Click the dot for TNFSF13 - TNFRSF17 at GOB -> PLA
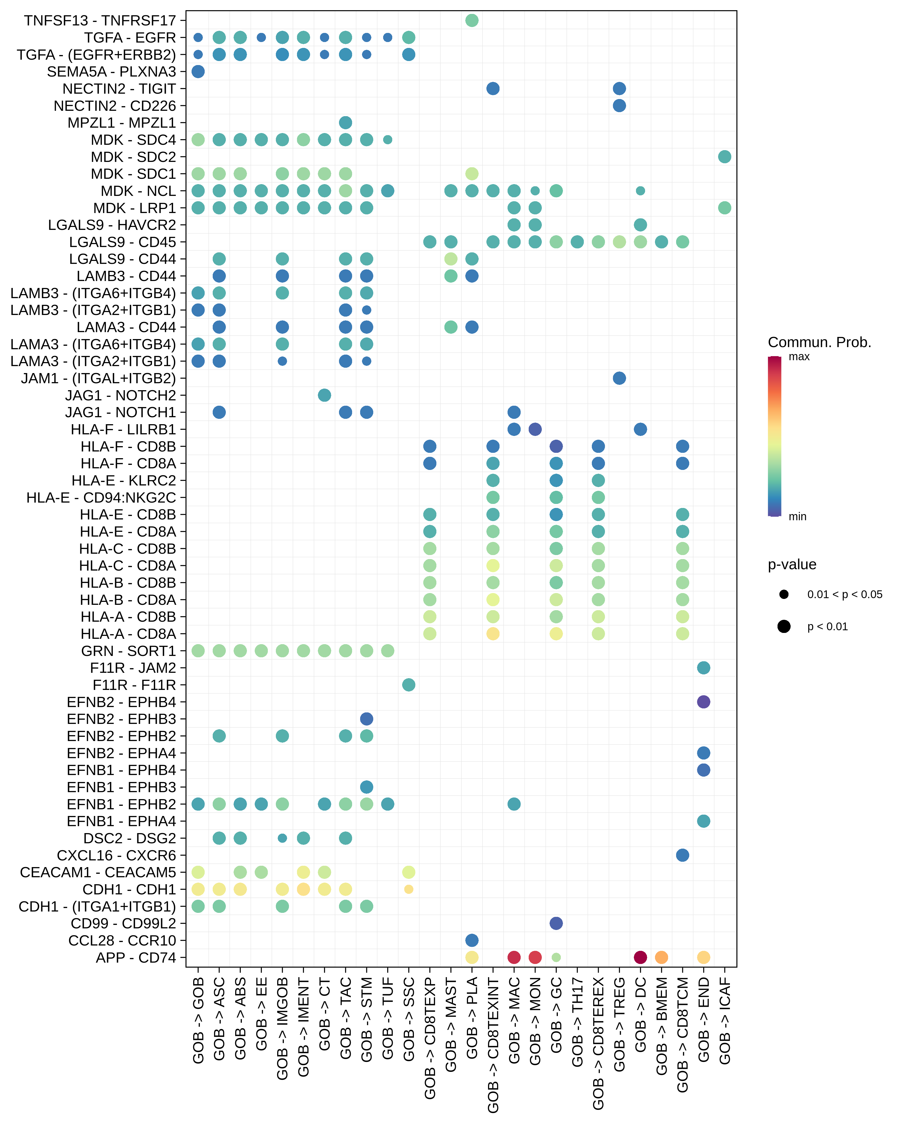[x=472, y=20]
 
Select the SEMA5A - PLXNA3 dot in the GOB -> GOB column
[x=198, y=71]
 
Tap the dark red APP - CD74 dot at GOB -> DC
[x=640, y=957]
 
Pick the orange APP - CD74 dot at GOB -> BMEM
[x=661, y=957]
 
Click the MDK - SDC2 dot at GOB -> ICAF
[x=724, y=156]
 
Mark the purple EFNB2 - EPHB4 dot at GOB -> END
[x=703, y=702]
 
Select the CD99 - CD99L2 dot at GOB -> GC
[x=556, y=923]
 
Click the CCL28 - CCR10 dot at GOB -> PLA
[x=472, y=940]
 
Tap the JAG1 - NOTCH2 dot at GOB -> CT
[x=324, y=395]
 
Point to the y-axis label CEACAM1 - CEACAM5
[x=98, y=872]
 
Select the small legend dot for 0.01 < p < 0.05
[x=784, y=594]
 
